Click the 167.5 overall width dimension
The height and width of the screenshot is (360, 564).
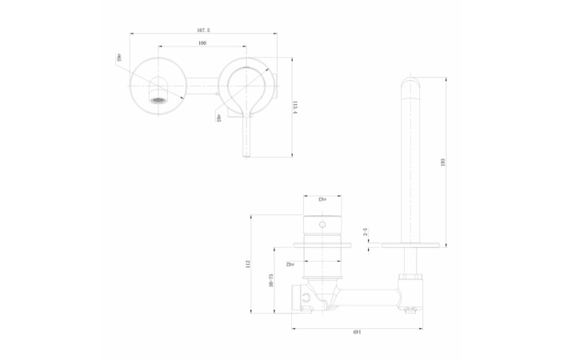click(203, 30)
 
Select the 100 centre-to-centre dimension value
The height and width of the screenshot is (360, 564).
click(202, 42)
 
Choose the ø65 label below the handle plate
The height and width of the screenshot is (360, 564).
click(218, 118)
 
